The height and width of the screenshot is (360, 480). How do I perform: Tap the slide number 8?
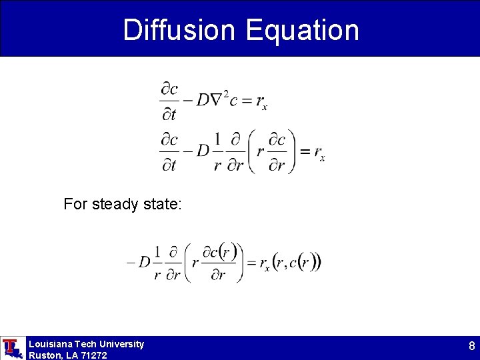(471, 346)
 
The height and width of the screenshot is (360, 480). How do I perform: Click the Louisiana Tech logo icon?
(11, 347)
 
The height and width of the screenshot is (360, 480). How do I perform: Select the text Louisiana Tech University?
(86, 344)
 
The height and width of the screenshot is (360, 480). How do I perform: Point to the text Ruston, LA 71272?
(67, 355)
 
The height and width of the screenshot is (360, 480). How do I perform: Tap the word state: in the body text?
(161, 204)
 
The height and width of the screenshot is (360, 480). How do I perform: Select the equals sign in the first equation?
(246, 101)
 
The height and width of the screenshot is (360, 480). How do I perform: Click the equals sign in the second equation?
(304, 151)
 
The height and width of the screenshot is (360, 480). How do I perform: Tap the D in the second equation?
(203, 151)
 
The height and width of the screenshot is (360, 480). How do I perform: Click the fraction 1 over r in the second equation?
(217, 152)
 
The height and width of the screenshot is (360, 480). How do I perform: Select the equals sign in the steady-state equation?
(251, 262)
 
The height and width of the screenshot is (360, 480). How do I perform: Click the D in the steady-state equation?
(144, 262)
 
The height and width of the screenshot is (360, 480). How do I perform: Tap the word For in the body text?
(75, 204)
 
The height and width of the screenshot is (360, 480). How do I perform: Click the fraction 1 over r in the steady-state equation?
(157, 263)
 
